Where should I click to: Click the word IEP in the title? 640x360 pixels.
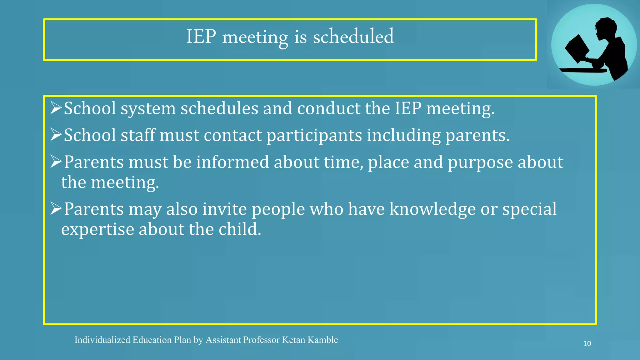[x=201, y=37]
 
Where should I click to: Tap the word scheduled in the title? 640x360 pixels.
[x=353, y=37]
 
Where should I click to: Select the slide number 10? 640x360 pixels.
[x=587, y=344]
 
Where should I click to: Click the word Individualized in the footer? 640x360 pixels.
[x=102, y=340]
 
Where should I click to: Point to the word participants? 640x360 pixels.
[x=314, y=136]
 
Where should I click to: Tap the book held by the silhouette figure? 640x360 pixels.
[x=577, y=48]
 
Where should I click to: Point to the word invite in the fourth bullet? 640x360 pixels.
[x=225, y=209]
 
